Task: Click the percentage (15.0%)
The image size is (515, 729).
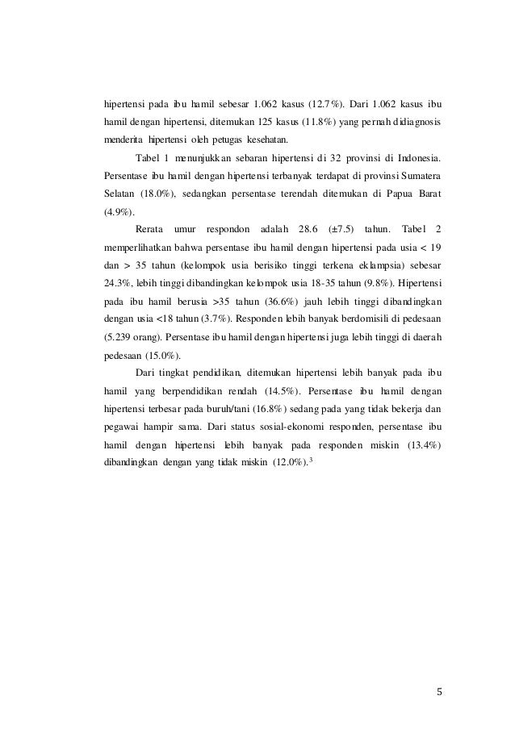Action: coord(161,356)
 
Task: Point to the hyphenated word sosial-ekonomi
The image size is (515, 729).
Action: coord(285,427)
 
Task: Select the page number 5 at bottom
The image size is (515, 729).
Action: coord(438,691)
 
